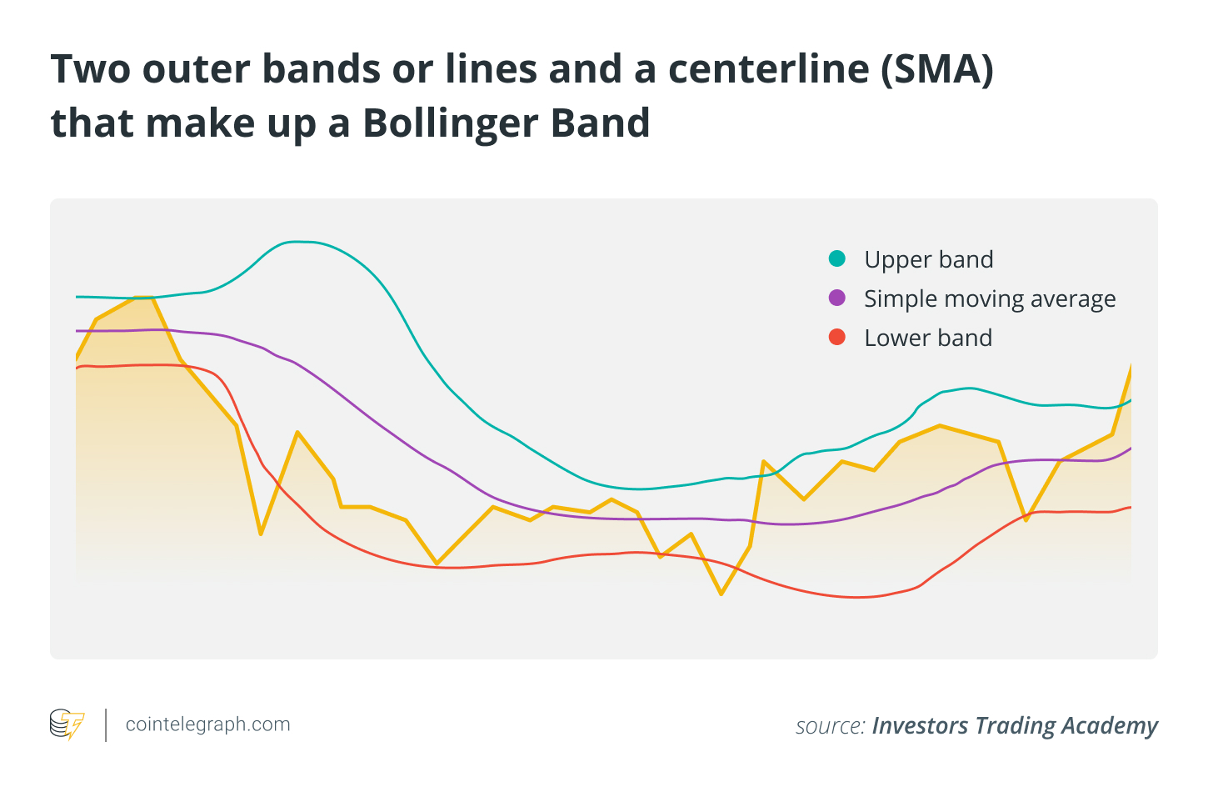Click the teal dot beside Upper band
click(837, 258)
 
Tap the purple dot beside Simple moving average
click(837, 298)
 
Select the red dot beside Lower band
click(837, 337)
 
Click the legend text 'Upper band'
click(928, 259)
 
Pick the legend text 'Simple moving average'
click(990, 298)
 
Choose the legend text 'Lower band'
click(928, 338)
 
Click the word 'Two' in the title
click(90, 69)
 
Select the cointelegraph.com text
click(207, 724)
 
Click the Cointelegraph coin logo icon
click(67, 724)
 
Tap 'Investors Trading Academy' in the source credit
click(1015, 726)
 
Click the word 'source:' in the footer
click(830, 726)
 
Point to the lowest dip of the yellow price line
click(721, 594)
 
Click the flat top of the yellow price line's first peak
click(144, 298)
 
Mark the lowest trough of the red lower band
click(854, 597)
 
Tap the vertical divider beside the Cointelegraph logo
click(106, 724)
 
